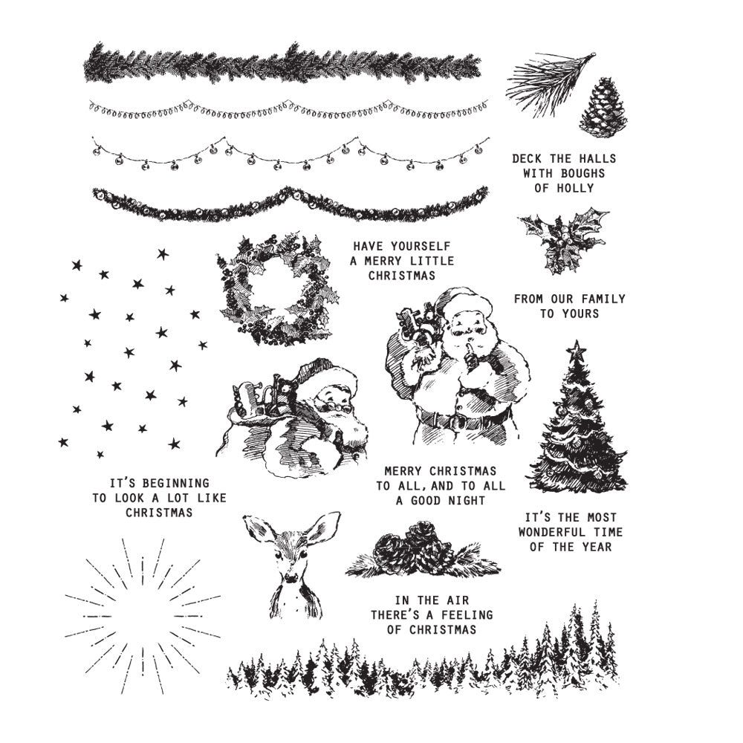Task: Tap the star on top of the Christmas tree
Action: click(576, 350)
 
